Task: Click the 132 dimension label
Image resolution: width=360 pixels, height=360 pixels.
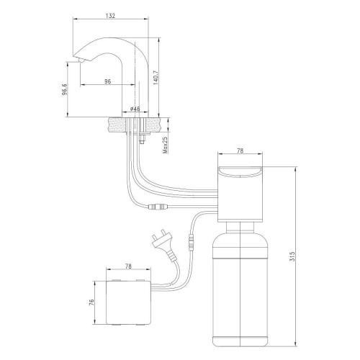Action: tap(110, 16)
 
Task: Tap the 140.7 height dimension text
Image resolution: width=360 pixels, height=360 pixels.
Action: tap(155, 77)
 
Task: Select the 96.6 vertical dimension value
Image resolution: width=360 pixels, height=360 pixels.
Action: tap(65, 89)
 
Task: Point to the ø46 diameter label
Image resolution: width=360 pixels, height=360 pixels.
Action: tap(135, 109)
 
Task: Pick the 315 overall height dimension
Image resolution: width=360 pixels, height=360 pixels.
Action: tap(292, 256)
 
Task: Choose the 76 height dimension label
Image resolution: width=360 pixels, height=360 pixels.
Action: tap(91, 302)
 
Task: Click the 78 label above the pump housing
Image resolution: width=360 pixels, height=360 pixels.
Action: tap(240, 150)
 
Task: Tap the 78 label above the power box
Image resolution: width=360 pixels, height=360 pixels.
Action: tap(128, 266)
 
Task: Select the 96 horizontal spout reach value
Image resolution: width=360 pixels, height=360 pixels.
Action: tap(108, 81)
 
